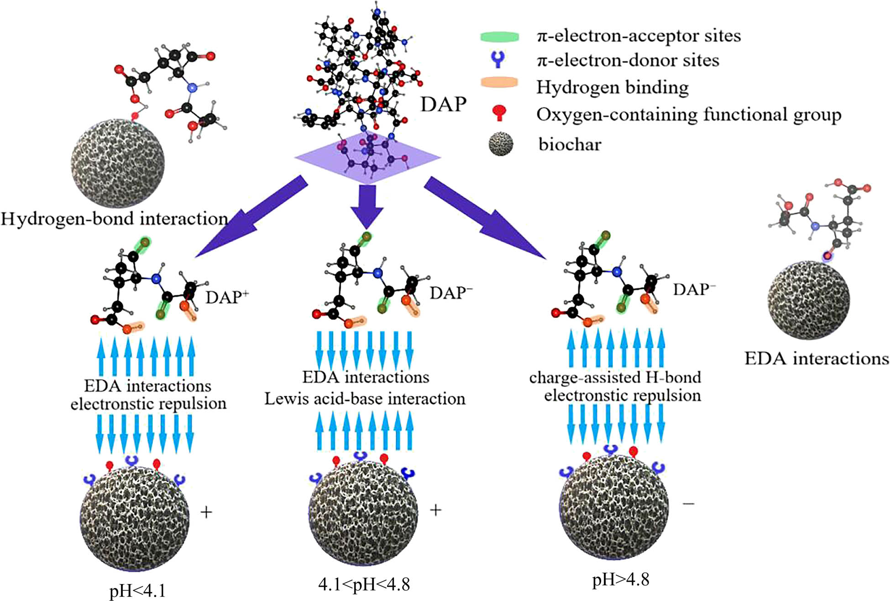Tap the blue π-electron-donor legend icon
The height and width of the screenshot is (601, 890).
[499, 60]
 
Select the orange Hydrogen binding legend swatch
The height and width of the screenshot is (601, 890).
[499, 83]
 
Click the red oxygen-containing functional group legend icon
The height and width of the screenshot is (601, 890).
[500, 113]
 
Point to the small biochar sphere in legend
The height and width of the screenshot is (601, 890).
[501, 144]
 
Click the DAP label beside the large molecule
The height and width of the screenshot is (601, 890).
[443, 105]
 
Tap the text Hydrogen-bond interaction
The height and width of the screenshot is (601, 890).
[114, 219]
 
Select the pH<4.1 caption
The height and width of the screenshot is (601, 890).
[137, 591]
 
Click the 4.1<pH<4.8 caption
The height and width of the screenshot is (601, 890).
[364, 584]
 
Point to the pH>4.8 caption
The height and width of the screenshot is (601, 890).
[620, 580]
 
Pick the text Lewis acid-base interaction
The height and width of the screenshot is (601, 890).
[365, 399]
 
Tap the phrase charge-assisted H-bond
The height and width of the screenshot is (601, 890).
[615, 377]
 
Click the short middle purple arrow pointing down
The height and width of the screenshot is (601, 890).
[367, 205]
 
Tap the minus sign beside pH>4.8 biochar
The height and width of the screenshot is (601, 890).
[688, 503]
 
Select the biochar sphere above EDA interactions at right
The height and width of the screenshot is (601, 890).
[808, 300]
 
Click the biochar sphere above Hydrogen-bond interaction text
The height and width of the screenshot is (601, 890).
[118, 163]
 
